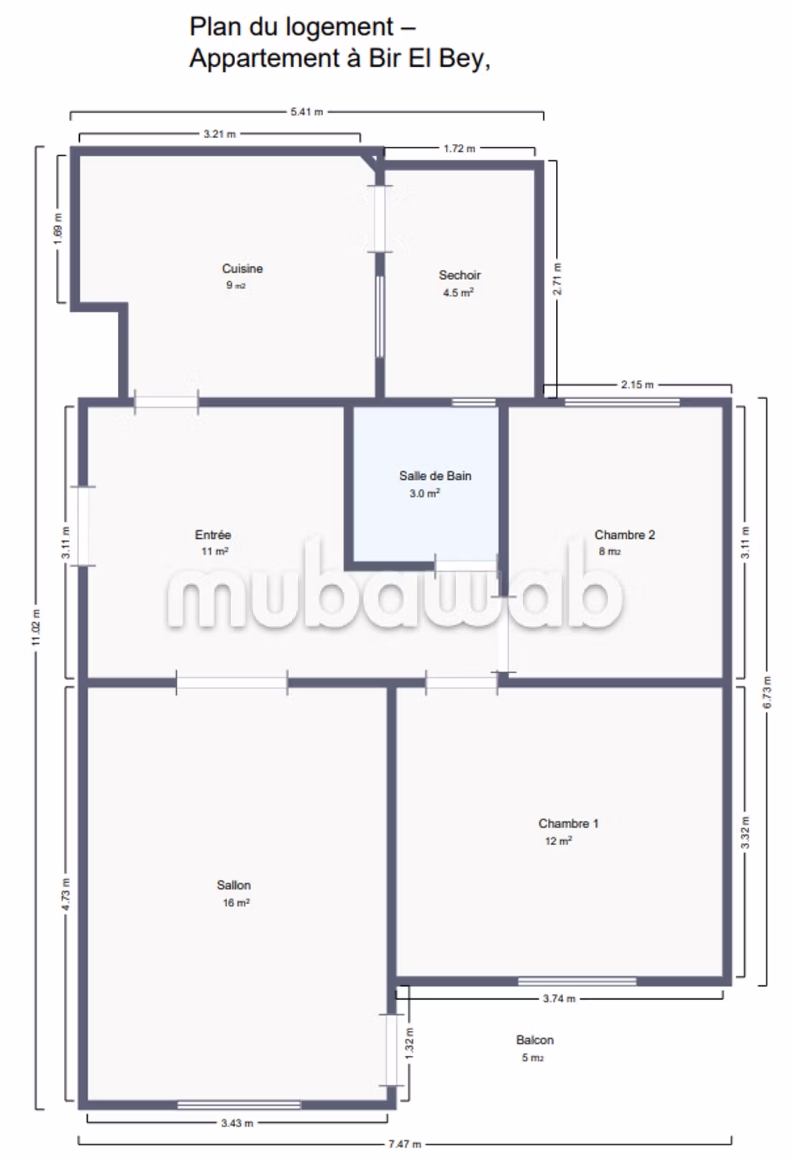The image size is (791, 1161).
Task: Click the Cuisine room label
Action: coord(242,268)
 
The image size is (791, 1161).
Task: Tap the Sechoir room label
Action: coord(459,276)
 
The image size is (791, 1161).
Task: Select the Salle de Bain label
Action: coord(435,475)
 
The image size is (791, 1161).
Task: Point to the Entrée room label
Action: coord(213,535)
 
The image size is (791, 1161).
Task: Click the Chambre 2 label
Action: coord(625,535)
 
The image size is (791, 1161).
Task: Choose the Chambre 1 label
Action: coord(568,824)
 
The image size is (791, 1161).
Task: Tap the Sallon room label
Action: coord(234,885)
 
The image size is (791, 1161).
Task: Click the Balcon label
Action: coord(534,1039)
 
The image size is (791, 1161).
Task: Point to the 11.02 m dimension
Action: coord(36,628)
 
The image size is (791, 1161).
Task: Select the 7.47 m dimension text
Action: coord(405,1144)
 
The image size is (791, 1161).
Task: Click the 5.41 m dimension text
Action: coord(306,111)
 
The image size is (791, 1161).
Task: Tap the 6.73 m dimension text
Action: coord(767,692)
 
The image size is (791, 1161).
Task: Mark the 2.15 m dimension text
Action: coord(637,385)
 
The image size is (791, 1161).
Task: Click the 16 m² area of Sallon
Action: coord(236,903)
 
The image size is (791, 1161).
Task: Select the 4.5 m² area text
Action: coord(458,293)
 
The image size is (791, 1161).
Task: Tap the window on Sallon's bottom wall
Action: coord(239,1106)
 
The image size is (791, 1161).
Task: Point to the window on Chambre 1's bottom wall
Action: coord(577,981)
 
